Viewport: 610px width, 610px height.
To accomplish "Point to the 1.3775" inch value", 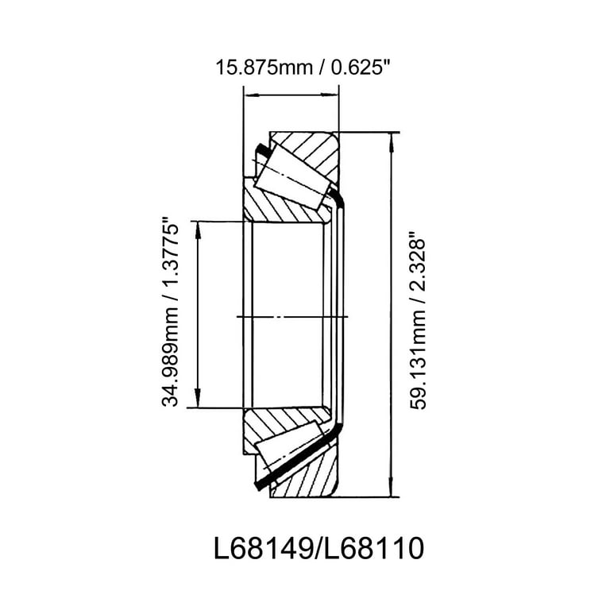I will pyautogui.click(x=170, y=258).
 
